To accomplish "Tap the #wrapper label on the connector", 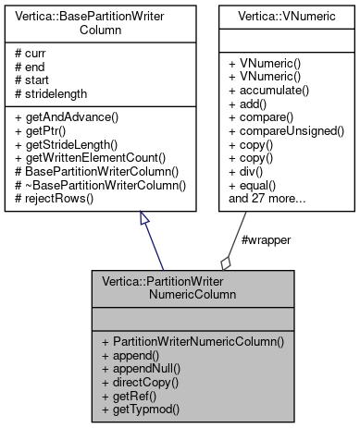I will (x=266, y=240).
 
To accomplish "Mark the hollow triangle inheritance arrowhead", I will (x=144, y=218).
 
